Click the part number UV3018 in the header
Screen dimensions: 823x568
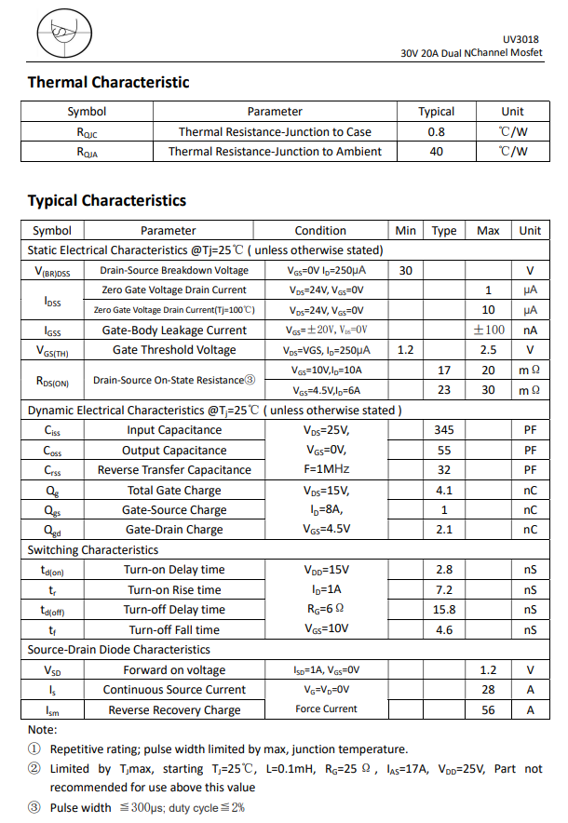point(522,39)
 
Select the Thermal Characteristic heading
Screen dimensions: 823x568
point(108,83)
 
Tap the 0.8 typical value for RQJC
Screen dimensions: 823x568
point(436,131)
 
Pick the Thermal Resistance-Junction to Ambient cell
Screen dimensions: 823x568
point(275,151)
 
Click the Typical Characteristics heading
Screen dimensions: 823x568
point(106,200)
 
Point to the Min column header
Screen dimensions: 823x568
point(405,231)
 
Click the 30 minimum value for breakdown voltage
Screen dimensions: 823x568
point(405,270)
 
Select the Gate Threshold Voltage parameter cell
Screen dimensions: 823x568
point(174,350)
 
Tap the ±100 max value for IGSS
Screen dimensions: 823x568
point(488,330)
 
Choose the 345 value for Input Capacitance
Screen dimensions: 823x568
point(444,430)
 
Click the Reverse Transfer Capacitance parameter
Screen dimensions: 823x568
point(174,470)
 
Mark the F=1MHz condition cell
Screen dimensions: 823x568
point(326,469)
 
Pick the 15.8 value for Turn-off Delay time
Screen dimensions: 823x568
point(444,610)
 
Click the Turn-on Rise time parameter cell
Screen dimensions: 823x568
point(174,589)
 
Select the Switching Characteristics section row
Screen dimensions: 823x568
point(93,550)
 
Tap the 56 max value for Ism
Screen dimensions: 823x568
point(488,709)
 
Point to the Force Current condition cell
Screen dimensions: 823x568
point(326,709)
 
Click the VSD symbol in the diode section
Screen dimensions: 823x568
point(52,670)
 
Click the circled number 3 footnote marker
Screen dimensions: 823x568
point(34,807)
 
